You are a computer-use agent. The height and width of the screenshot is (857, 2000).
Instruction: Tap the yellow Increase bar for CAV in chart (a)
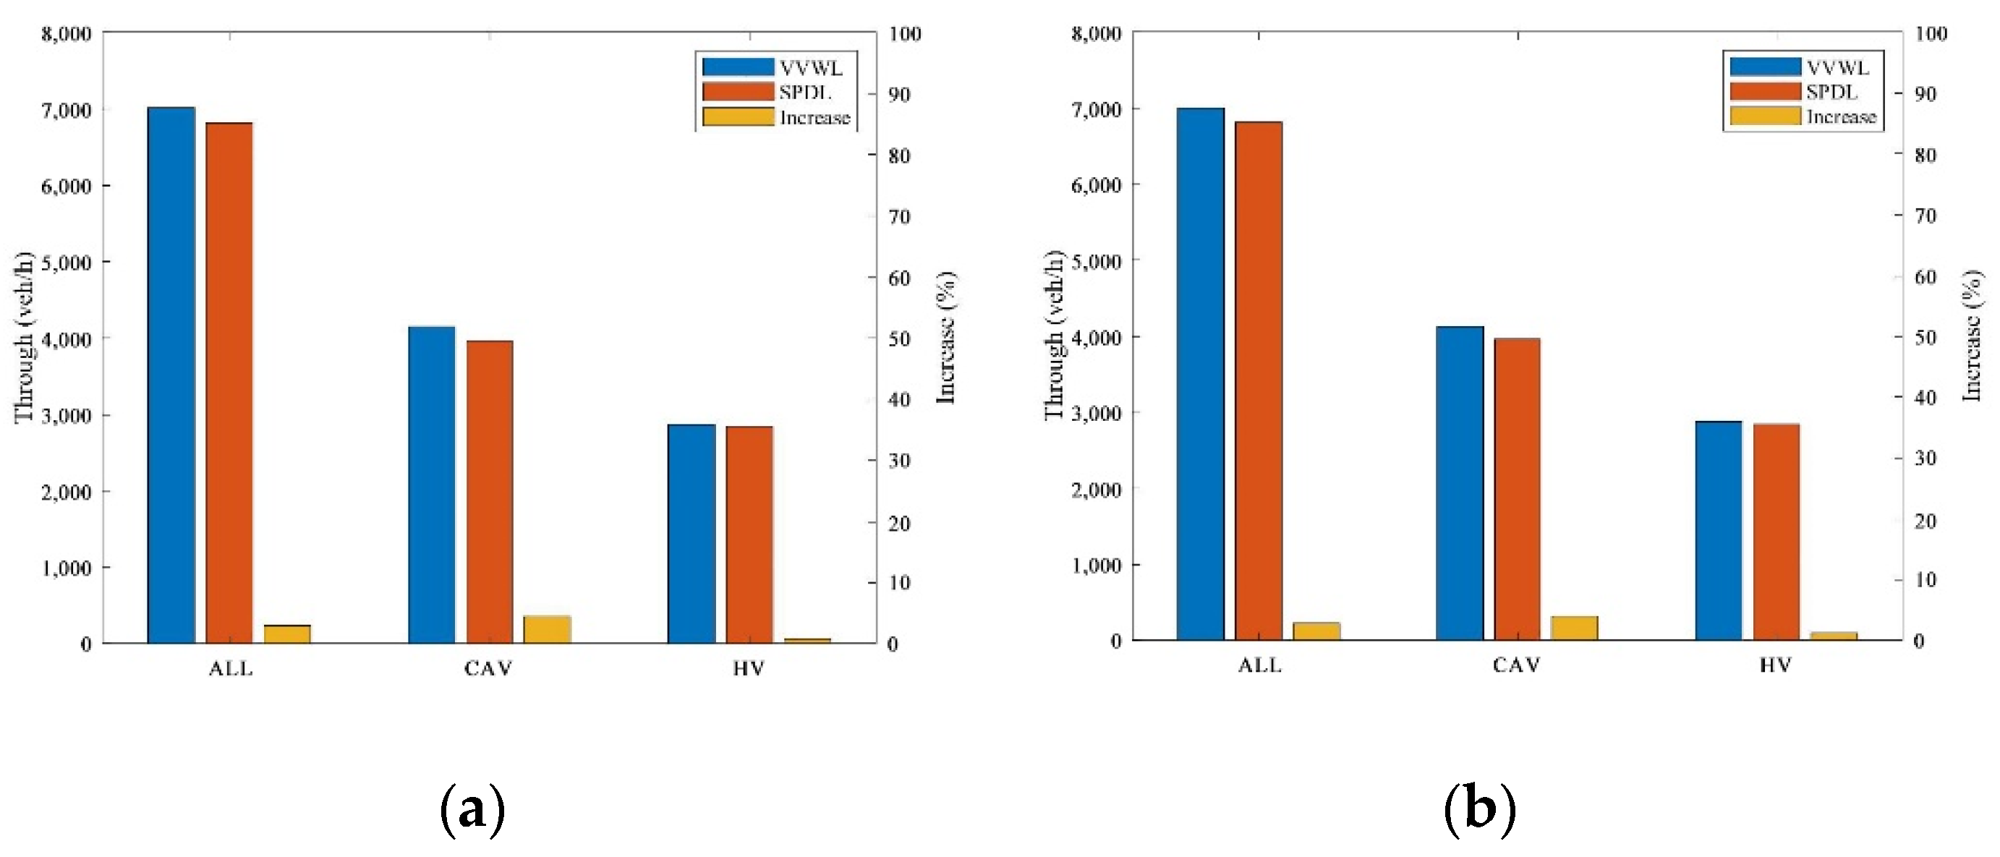[547, 628]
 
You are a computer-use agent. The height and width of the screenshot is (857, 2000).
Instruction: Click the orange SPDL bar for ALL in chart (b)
[1258, 380]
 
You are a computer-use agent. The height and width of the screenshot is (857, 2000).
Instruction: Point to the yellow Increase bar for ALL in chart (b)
[1316, 631]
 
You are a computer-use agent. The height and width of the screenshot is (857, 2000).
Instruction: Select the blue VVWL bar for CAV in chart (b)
[1460, 483]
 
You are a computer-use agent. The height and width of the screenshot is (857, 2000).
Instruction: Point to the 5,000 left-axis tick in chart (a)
[66, 263]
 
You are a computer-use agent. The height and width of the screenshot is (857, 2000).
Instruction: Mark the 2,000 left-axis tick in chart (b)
[1096, 490]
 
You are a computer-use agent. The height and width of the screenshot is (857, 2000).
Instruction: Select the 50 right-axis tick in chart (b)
[1925, 337]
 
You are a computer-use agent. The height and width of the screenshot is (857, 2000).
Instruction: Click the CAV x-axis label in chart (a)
[488, 668]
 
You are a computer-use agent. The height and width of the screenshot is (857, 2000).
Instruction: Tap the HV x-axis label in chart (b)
[1775, 665]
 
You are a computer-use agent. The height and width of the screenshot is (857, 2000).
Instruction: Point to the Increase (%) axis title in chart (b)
[1973, 336]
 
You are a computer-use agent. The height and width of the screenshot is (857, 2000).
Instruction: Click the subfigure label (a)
[472, 810]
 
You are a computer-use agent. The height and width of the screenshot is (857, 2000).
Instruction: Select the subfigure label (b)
[1480, 810]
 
